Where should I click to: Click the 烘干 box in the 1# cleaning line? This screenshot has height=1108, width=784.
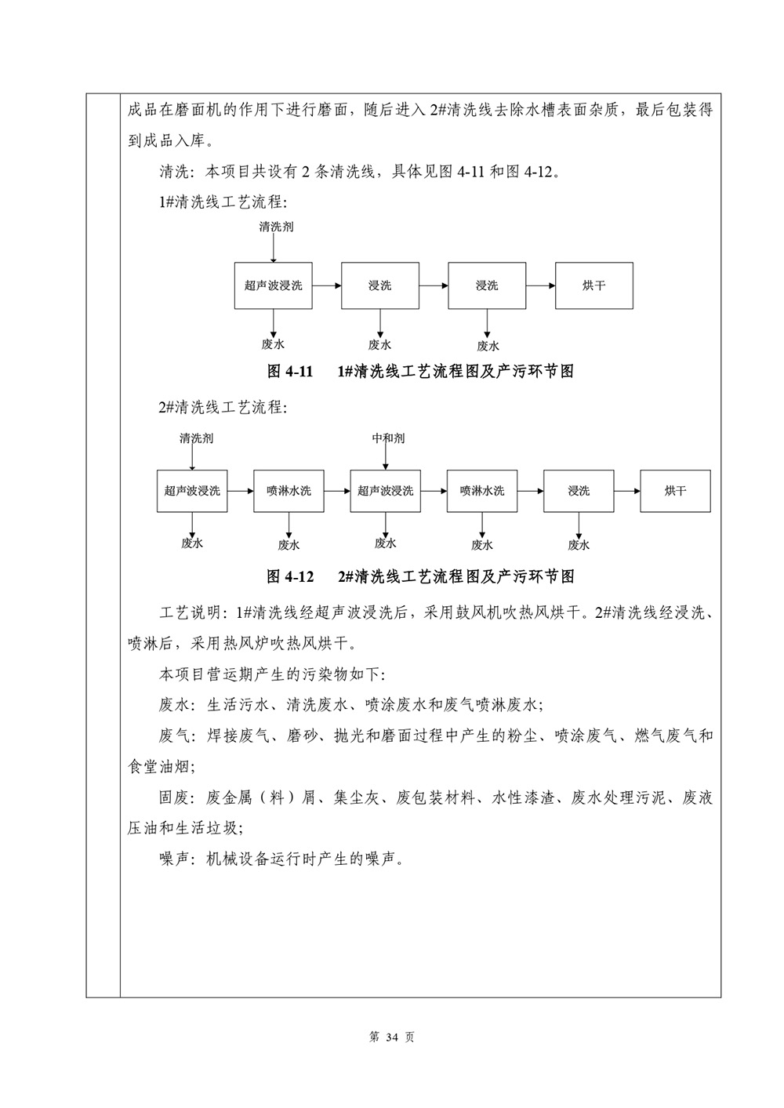pyautogui.click(x=593, y=285)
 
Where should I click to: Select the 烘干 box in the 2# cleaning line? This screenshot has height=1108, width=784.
pyautogui.click(x=675, y=491)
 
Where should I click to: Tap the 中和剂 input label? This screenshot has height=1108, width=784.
pyautogui.click(x=388, y=438)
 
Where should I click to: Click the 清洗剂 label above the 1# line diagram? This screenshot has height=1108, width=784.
pyautogui.click(x=277, y=227)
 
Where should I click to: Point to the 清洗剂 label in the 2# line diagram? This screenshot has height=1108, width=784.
pyautogui.click(x=196, y=438)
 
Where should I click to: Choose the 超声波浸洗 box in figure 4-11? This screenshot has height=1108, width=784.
pyautogui.click(x=273, y=285)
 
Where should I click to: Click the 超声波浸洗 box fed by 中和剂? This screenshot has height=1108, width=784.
pyautogui.click(x=385, y=491)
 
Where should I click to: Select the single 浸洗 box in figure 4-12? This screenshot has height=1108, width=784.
pyautogui.click(x=579, y=491)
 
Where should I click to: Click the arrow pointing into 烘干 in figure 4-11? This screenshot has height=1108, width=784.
pyautogui.click(x=541, y=285)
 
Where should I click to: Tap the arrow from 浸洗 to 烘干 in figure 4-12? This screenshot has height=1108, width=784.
pyautogui.click(x=627, y=491)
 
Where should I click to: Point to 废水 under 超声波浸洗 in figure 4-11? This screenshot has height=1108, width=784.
pyautogui.click(x=273, y=344)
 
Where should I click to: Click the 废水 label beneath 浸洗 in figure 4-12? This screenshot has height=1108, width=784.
pyautogui.click(x=579, y=545)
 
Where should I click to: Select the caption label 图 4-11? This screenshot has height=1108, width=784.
pyautogui.click(x=290, y=371)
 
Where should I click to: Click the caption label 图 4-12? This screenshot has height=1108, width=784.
pyautogui.click(x=290, y=576)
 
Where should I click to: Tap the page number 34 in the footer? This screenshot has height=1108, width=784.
pyautogui.click(x=391, y=1037)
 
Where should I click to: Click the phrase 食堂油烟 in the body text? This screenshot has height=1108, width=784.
pyautogui.click(x=158, y=767)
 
